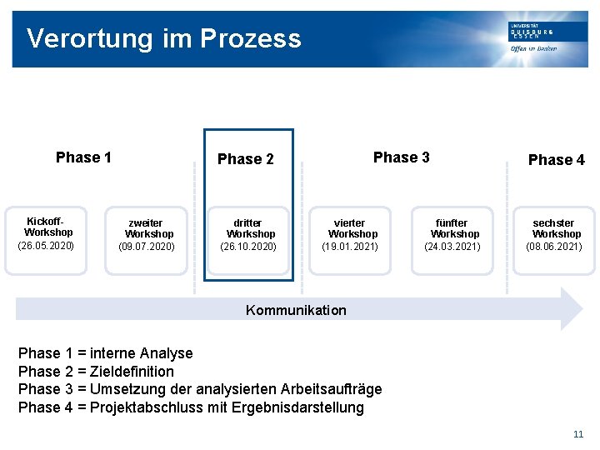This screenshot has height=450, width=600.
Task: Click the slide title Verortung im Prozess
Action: (163, 38)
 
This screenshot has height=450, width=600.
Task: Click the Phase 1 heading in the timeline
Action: (83, 157)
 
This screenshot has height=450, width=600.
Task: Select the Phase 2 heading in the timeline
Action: (245, 159)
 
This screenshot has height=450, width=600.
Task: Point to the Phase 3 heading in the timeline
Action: (401, 157)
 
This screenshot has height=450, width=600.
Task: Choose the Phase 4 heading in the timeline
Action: (556, 160)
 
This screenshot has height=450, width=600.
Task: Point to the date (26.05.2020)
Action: (46, 246)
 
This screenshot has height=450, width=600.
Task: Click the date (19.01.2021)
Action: (350, 247)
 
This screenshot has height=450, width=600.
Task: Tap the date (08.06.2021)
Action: (554, 247)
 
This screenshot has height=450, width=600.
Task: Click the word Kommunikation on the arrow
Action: (296, 310)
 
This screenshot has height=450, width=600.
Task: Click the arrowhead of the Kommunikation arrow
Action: (572, 309)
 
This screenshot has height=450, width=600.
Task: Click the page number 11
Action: (578, 434)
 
